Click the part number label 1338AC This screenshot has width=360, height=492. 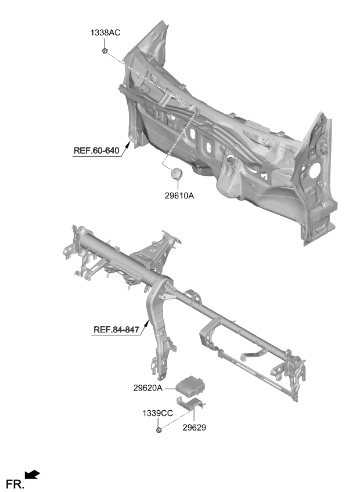tap(105, 32)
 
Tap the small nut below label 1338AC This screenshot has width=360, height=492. tap(105, 50)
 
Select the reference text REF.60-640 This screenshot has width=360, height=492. tap(96, 151)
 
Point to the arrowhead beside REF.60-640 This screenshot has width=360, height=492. tap(128, 145)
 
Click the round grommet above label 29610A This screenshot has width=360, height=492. tap(177, 173)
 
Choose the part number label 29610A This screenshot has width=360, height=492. tap(179, 196)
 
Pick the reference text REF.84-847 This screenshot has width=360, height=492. tap(116, 330)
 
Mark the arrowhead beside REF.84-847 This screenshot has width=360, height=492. tap(147, 324)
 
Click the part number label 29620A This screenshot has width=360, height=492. tap(148, 388)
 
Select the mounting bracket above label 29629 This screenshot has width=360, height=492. tap(190, 403)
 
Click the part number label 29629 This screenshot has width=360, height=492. tap(195, 428)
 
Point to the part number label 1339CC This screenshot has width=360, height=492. tap(158, 414)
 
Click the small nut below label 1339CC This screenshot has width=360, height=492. tap(159, 429)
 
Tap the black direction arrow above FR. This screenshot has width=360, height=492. tap(32, 475)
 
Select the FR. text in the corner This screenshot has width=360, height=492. tap(15, 484)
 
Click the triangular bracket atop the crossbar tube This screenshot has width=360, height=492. tap(154, 251)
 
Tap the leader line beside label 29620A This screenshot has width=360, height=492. tap(171, 389)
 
